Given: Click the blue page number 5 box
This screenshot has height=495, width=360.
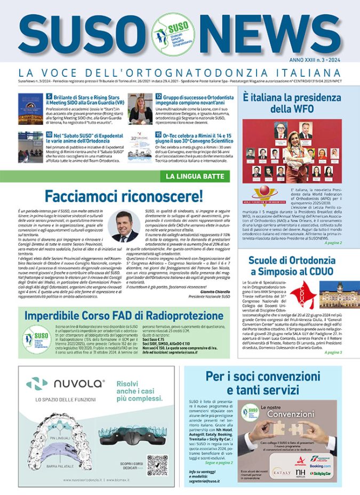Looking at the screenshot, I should point(49,97).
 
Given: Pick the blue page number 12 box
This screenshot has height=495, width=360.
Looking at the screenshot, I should point(158,97).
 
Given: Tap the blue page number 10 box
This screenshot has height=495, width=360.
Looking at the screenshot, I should point(49,135).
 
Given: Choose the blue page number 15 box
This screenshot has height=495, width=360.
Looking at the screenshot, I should point(158,135).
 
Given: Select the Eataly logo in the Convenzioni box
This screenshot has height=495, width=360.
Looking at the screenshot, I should point(281,472).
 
